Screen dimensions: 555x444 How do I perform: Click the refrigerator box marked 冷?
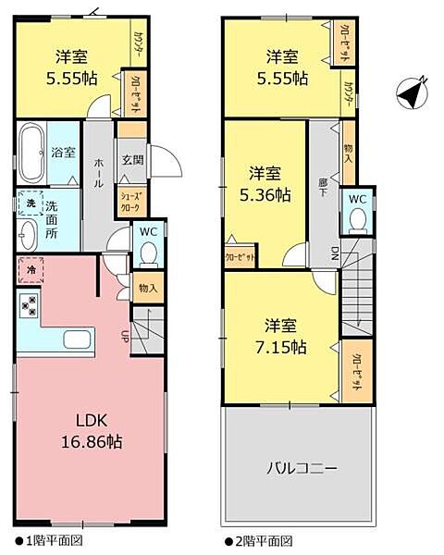tap(30, 271)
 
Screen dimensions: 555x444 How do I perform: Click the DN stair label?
tap(333, 253)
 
